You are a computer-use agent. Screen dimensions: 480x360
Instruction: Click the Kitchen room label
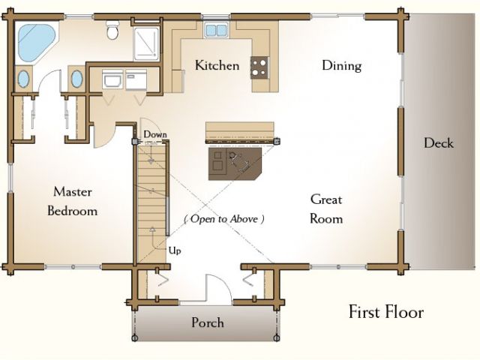point(217,65)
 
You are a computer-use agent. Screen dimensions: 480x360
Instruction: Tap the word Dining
point(342,66)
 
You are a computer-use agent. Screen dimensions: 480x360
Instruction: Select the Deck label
point(438,143)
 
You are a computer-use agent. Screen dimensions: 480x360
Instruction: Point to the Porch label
point(208,322)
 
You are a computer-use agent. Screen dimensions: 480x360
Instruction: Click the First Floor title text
point(386,312)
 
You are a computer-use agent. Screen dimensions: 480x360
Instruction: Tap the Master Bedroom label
point(73,202)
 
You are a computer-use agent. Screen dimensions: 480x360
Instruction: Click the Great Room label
point(326,209)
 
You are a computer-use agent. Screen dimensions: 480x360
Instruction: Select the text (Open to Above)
point(224,219)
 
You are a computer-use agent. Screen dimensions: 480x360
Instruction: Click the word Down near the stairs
point(155,134)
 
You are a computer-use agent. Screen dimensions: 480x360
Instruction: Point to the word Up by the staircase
point(175,250)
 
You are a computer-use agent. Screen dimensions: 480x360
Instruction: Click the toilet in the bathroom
point(112,30)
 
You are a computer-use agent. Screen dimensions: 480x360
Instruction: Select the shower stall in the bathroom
point(147,43)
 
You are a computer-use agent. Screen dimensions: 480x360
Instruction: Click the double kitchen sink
point(217,30)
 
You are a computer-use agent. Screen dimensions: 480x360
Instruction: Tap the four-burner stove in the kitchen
point(260,67)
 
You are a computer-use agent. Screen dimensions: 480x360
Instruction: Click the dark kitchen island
point(235,164)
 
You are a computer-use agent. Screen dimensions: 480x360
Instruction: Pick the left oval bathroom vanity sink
point(23,79)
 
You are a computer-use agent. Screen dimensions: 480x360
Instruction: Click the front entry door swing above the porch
point(218,289)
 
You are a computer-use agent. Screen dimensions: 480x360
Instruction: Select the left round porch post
point(135,338)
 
